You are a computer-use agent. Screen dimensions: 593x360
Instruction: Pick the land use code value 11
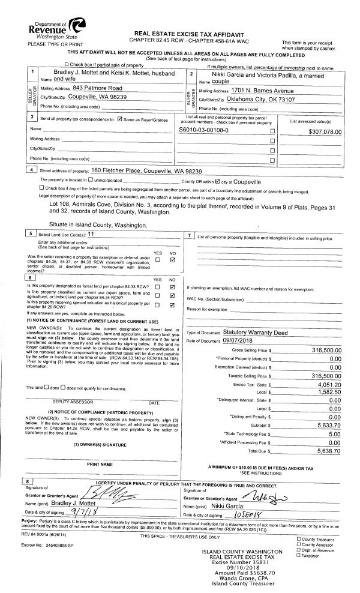pyautogui.click(x=91, y=233)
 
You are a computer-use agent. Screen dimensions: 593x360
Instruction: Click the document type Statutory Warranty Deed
pyautogui.click(x=255, y=331)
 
